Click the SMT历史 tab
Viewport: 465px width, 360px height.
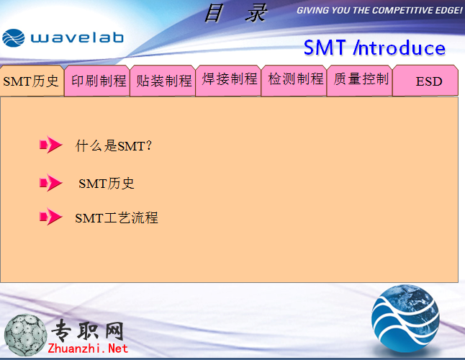click(32, 81)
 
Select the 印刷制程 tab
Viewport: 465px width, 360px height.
click(97, 81)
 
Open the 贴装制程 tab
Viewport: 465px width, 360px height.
click(163, 81)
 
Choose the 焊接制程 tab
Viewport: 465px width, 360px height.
click(228, 81)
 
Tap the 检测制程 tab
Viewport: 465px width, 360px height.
click(294, 81)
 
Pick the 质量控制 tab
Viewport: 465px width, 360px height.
click(360, 81)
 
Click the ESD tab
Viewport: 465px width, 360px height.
click(425, 81)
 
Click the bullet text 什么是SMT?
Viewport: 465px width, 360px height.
click(114, 145)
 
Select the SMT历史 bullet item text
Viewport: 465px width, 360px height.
click(106, 184)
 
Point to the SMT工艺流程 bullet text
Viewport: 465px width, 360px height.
click(117, 218)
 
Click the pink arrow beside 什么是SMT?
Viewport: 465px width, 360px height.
click(50, 145)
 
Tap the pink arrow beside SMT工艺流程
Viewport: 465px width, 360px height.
click(50, 217)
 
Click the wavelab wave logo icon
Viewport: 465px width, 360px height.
click(14, 38)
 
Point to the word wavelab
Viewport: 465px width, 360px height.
click(77, 37)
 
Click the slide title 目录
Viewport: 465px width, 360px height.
click(236, 14)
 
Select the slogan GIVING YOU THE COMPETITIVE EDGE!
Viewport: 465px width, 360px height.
click(379, 10)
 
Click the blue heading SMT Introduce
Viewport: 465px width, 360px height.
click(374, 48)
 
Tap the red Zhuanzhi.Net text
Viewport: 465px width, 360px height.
click(88, 348)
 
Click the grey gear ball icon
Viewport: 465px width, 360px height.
click(26, 335)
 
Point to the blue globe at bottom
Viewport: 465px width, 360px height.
click(405, 319)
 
